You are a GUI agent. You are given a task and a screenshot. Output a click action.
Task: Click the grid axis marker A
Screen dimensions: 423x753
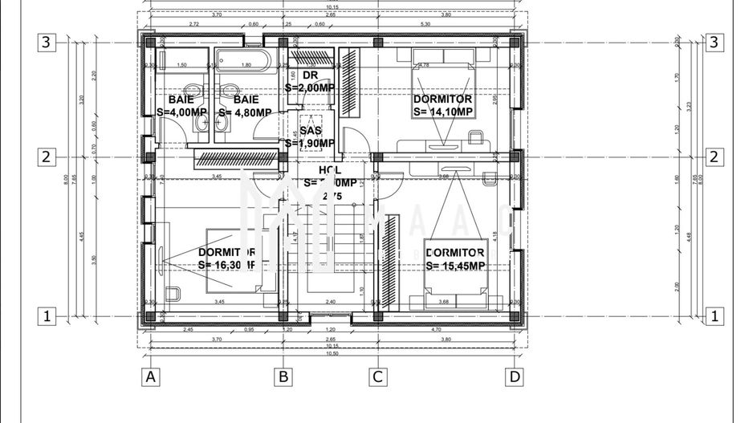point(149,376)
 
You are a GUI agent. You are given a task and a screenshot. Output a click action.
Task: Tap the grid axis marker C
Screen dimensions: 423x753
point(377,376)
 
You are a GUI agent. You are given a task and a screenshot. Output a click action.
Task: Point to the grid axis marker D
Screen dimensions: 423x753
point(515,376)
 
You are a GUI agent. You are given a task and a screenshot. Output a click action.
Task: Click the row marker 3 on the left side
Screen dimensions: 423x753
point(47,43)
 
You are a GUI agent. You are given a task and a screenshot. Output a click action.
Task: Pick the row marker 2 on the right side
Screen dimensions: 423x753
point(712,157)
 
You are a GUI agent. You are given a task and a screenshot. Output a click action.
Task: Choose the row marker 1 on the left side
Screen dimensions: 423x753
point(47,316)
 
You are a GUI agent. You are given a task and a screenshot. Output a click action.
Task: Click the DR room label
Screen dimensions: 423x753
point(311,76)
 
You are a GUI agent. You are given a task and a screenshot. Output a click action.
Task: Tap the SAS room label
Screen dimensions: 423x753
point(311,131)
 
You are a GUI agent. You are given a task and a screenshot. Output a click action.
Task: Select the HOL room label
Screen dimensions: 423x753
point(330,170)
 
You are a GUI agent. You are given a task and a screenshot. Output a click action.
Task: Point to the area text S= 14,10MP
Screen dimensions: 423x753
point(442,112)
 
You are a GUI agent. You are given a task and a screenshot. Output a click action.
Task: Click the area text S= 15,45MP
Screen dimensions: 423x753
point(455,266)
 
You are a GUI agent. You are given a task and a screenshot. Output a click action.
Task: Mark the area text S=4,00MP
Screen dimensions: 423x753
point(181,112)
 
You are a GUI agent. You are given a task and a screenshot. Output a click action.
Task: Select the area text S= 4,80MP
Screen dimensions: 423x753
point(245,112)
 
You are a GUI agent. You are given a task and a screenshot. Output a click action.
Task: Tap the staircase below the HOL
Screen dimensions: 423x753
point(329,241)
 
